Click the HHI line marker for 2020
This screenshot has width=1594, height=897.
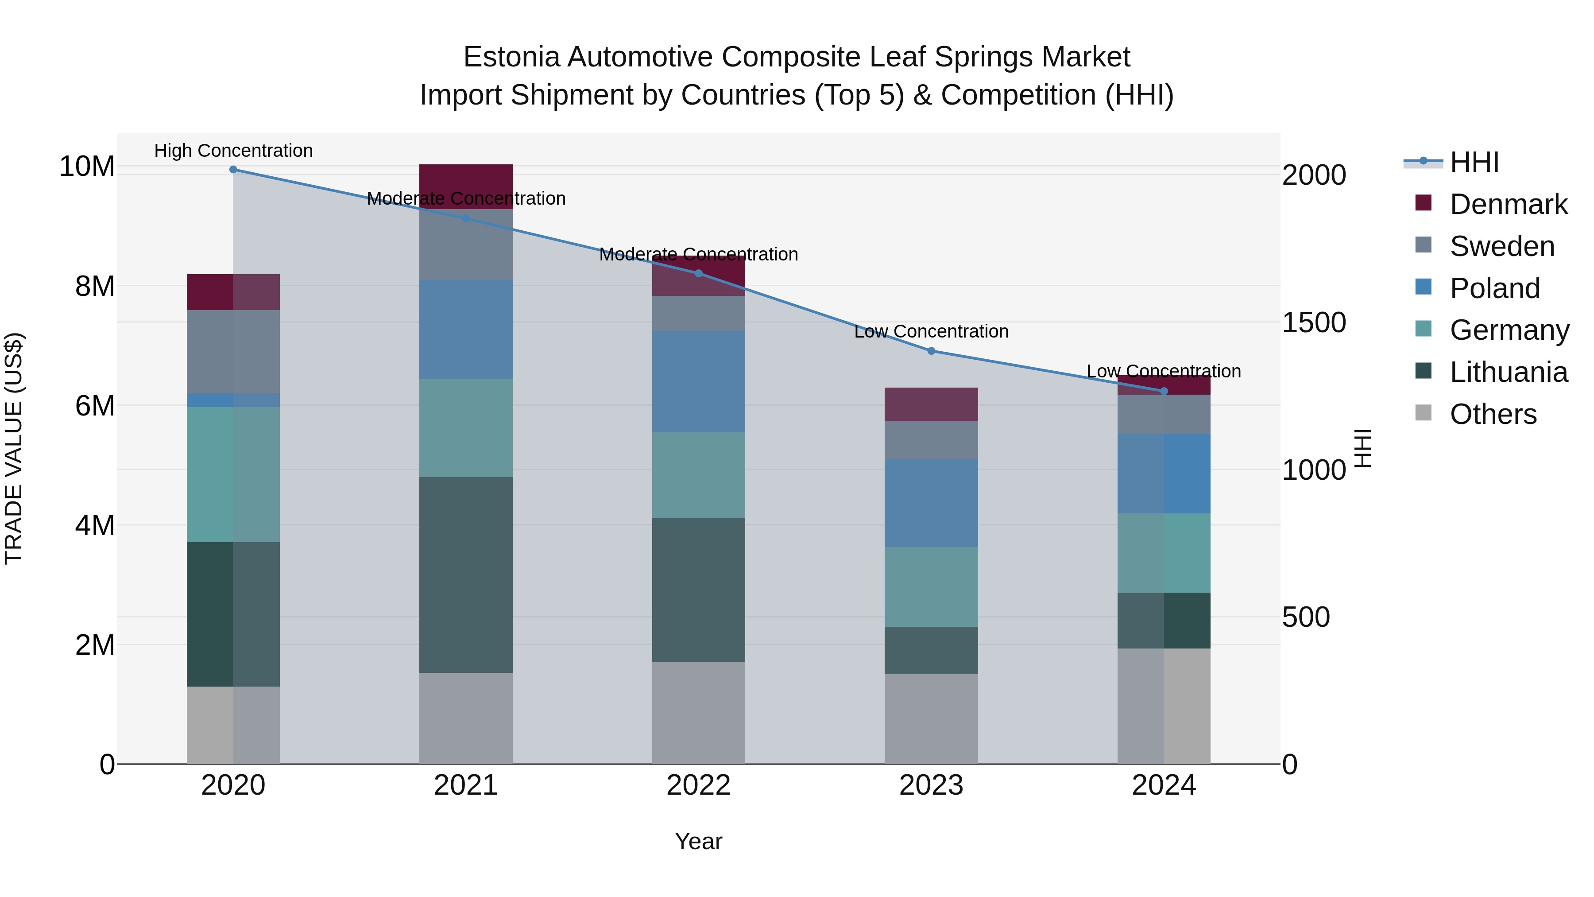233,170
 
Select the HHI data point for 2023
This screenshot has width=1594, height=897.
931,351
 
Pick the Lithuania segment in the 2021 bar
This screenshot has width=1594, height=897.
466,575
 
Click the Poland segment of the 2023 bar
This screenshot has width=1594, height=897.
931,503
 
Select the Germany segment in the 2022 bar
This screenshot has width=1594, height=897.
699,475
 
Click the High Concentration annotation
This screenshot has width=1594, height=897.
233,151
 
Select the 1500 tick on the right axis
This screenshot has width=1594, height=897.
1313,322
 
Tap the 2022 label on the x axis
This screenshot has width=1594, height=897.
699,785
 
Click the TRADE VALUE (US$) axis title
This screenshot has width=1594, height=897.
14,448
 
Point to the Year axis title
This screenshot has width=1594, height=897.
699,841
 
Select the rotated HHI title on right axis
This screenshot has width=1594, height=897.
1364,448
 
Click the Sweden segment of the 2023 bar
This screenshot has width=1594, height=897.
931,440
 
